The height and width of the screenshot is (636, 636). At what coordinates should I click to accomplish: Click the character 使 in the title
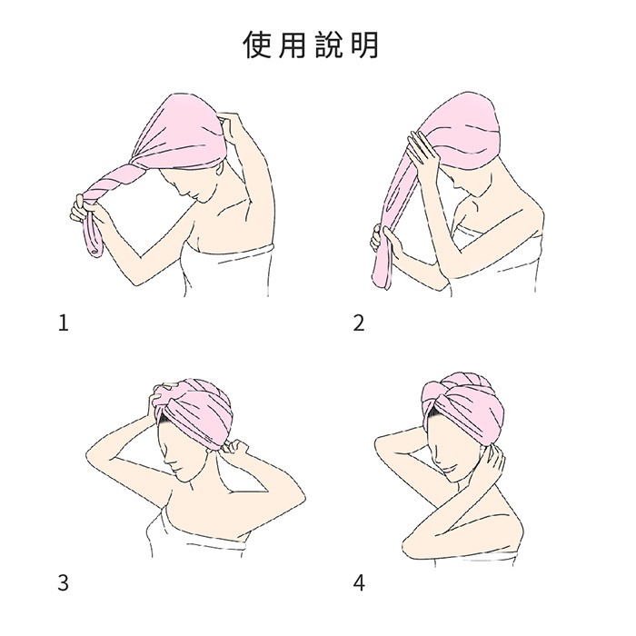tap(257, 45)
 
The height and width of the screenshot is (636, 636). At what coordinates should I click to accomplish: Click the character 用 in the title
tap(293, 45)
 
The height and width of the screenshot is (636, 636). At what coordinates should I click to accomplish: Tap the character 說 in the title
tap(329, 45)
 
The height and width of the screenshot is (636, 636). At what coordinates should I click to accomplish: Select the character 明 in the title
tap(364, 45)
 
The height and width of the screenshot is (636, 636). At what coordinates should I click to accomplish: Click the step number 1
tap(64, 323)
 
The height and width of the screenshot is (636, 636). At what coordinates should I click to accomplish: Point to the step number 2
tap(359, 323)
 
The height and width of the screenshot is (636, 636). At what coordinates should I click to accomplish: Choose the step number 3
tap(64, 583)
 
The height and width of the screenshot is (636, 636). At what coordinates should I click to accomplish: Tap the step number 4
tap(359, 583)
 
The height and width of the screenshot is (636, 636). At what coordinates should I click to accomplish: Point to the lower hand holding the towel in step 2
tap(385, 243)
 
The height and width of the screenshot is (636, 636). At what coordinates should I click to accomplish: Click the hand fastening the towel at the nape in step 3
tap(234, 447)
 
